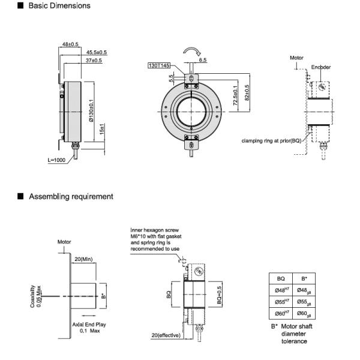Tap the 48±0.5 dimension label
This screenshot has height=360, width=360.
click(x=71, y=44)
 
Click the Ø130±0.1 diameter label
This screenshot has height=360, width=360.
click(x=91, y=110)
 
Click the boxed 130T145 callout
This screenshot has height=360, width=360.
click(x=158, y=65)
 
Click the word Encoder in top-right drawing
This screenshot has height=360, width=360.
click(x=321, y=67)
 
